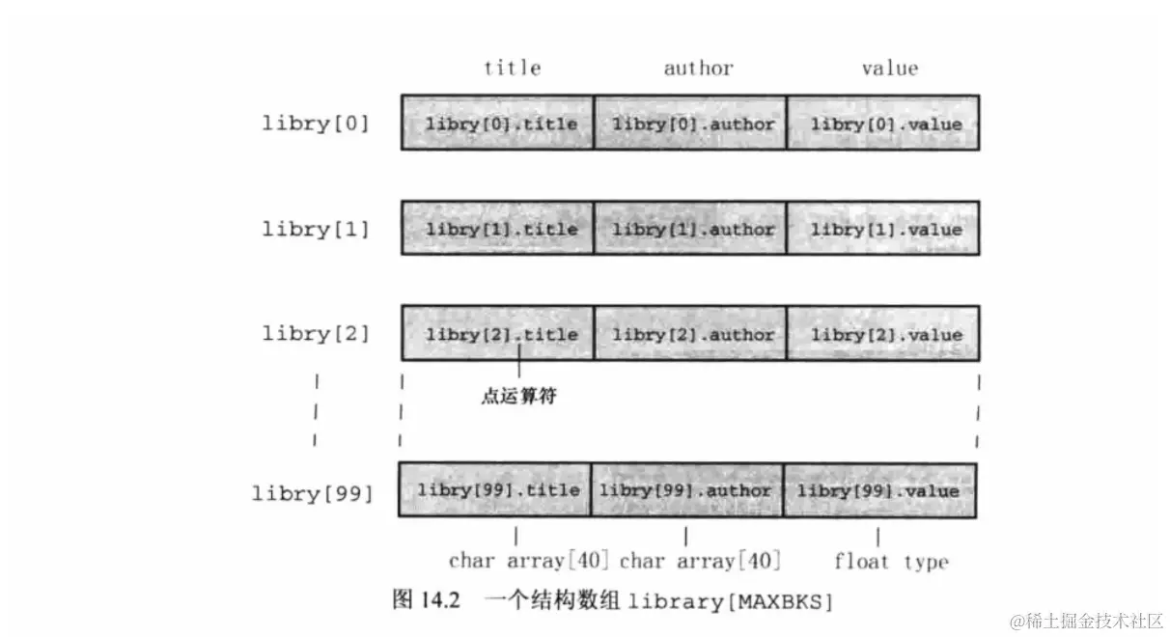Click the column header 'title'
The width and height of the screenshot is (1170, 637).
pyautogui.click(x=512, y=68)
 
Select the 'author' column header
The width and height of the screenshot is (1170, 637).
pyautogui.click(x=698, y=68)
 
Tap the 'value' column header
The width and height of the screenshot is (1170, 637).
pyautogui.click(x=889, y=68)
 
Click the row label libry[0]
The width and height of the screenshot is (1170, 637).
pyautogui.click(x=316, y=124)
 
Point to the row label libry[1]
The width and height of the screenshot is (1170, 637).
pyautogui.click(x=316, y=229)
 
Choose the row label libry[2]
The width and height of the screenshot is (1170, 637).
pyautogui.click(x=316, y=334)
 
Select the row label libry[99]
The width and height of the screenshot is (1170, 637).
pyautogui.click(x=312, y=493)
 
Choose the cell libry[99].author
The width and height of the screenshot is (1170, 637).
pyautogui.click(x=686, y=489)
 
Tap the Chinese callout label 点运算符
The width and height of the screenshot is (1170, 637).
pyautogui.click(x=518, y=396)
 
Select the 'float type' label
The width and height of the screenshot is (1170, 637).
pyautogui.click(x=891, y=562)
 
